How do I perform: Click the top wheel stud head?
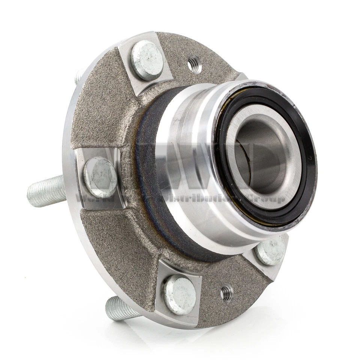pyautogui.click(x=147, y=60)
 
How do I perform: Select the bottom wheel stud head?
pyautogui.click(x=180, y=294)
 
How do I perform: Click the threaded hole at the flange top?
pyautogui.click(x=194, y=65)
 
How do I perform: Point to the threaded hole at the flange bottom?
pyautogui.click(x=226, y=292)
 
